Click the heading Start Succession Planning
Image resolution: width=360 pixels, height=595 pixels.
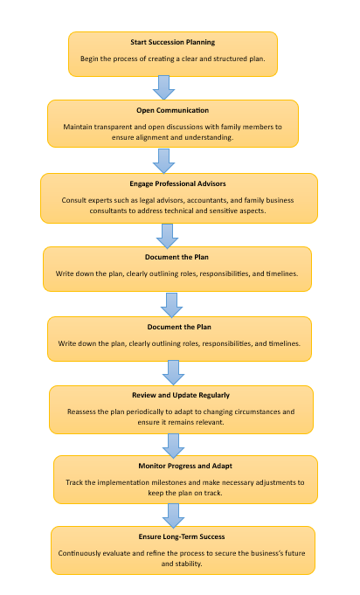[x=173, y=42]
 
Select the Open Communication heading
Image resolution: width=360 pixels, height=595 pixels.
[x=173, y=110]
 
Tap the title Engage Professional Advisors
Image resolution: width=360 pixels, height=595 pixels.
[x=177, y=183]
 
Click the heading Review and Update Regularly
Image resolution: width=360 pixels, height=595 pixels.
[x=181, y=395]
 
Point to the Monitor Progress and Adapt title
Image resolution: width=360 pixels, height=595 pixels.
[x=185, y=466]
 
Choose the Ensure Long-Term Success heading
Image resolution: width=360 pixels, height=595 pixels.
[x=182, y=536]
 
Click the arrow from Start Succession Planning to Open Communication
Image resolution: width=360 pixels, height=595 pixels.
[x=164, y=87]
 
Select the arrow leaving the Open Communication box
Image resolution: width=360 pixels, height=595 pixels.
[x=164, y=162]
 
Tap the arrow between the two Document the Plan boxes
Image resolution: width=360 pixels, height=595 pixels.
[x=172, y=305]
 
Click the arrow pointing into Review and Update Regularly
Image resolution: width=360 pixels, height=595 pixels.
[x=173, y=372]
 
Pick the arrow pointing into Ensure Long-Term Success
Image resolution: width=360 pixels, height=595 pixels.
[x=173, y=516]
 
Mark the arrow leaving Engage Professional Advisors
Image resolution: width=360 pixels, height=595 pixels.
[x=167, y=236]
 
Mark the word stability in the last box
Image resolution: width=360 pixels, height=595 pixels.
[x=188, y=564]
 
